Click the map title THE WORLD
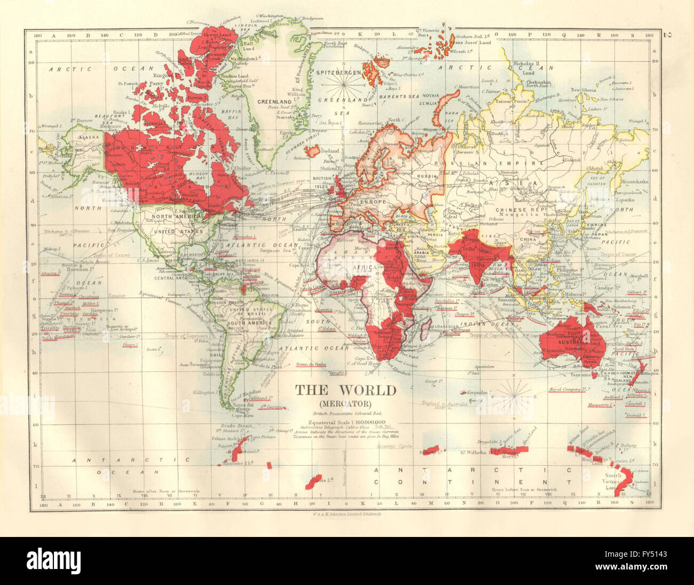pos(346,390)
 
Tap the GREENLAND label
pos(274,101)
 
